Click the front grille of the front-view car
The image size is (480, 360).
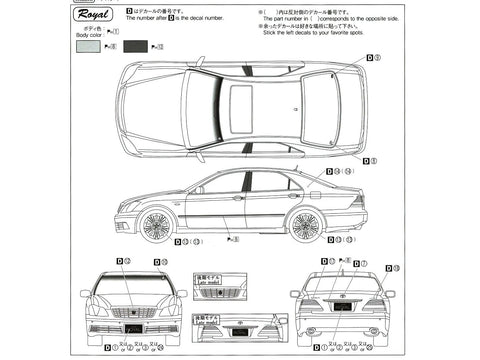(132, 312)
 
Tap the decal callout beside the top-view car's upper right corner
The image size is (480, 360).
(373, 58)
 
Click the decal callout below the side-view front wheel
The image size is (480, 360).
(187, 241)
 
